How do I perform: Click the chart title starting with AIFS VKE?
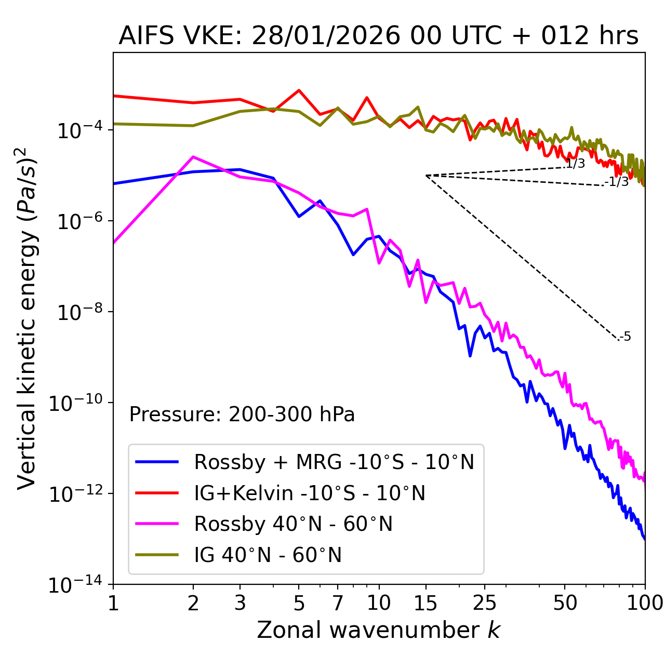[378, 36]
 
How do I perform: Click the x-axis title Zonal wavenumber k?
[378, 630]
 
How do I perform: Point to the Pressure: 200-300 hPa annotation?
[242, 414]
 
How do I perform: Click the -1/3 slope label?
[617, 182]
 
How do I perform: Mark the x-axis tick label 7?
[338, 603]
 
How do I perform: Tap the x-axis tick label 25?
[484, 603]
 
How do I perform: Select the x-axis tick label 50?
[565, 603]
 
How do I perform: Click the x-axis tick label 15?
[425, 603]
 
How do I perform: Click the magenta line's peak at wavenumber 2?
[193, 156]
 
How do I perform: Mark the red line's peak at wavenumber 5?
[299, 90]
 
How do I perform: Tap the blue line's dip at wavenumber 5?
[299, 217]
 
